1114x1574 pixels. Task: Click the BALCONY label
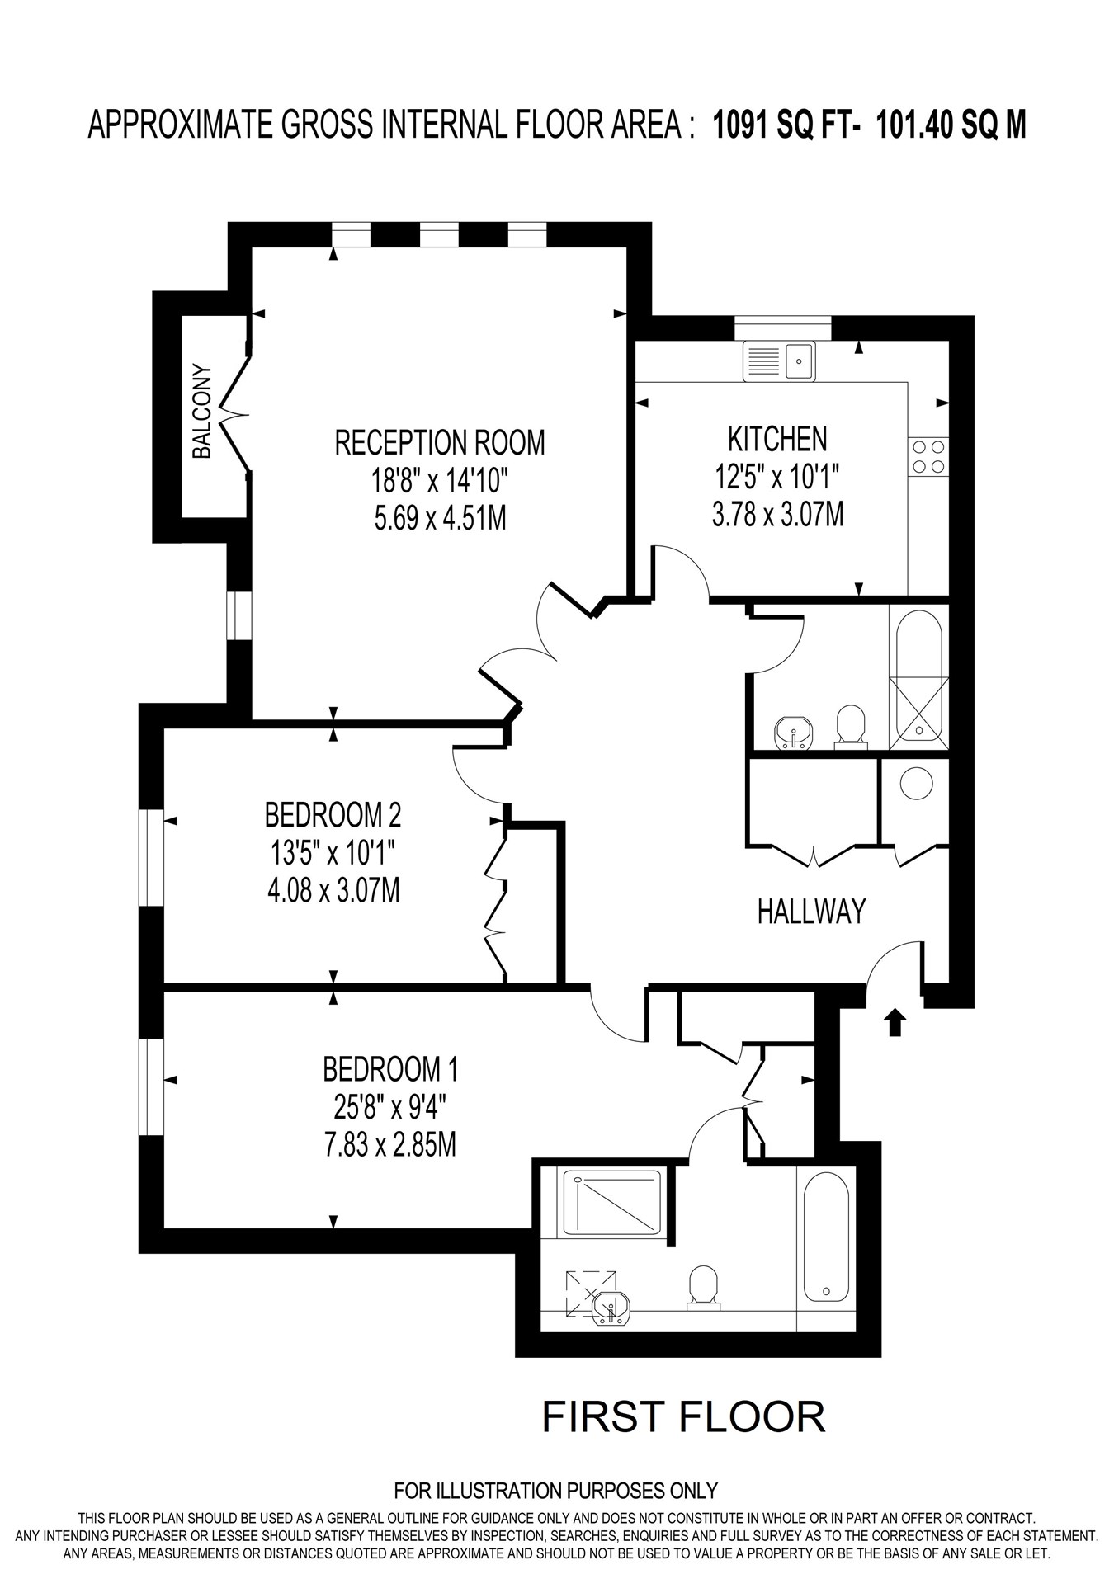click(x=202, y=412)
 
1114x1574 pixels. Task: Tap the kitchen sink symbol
click(x=779, y=361)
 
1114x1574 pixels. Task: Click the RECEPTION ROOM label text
click(x=439, y=443)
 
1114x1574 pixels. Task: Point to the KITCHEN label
click(x=777, y=439)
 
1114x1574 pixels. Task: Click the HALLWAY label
click(x=811, y=912)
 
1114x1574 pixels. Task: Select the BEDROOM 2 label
click(x=333, y=815)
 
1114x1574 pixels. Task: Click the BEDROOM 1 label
click(x=389, y=1070)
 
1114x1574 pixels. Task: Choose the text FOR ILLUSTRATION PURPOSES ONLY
click(x=555, y=1491)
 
